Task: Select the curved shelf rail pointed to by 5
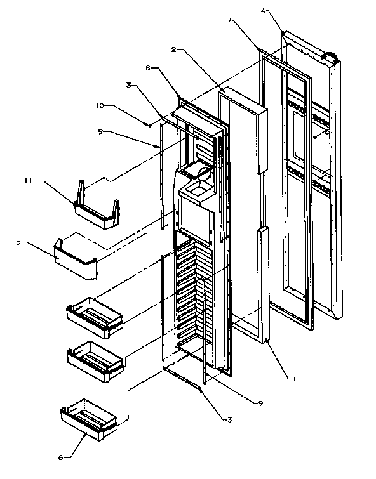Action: tap(76, 257)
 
